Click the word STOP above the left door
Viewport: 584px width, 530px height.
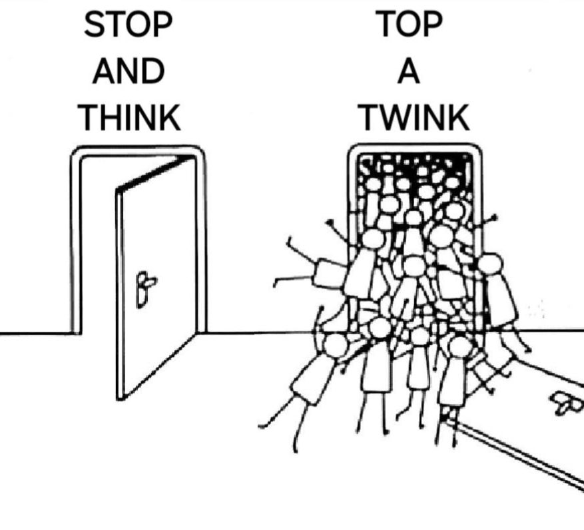pos(128,24)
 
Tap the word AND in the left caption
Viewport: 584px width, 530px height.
pos(128,71)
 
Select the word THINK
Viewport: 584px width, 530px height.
pos(129,117)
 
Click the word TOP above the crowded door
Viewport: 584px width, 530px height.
pos(409,24)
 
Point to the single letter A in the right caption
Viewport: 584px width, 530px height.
pos(409,71)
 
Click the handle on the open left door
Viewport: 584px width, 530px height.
pos(145,290)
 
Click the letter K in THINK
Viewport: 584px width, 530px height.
pos(169,117)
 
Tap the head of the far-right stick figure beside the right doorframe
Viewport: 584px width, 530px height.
pos(490,263)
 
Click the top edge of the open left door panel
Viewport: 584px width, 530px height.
pos(156,174)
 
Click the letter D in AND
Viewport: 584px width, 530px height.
pos(152,71)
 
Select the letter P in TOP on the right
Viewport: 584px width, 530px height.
pos(432,24)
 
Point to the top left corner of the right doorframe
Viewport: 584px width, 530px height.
pos(351,147)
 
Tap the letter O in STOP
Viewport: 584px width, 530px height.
pos(136,24)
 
